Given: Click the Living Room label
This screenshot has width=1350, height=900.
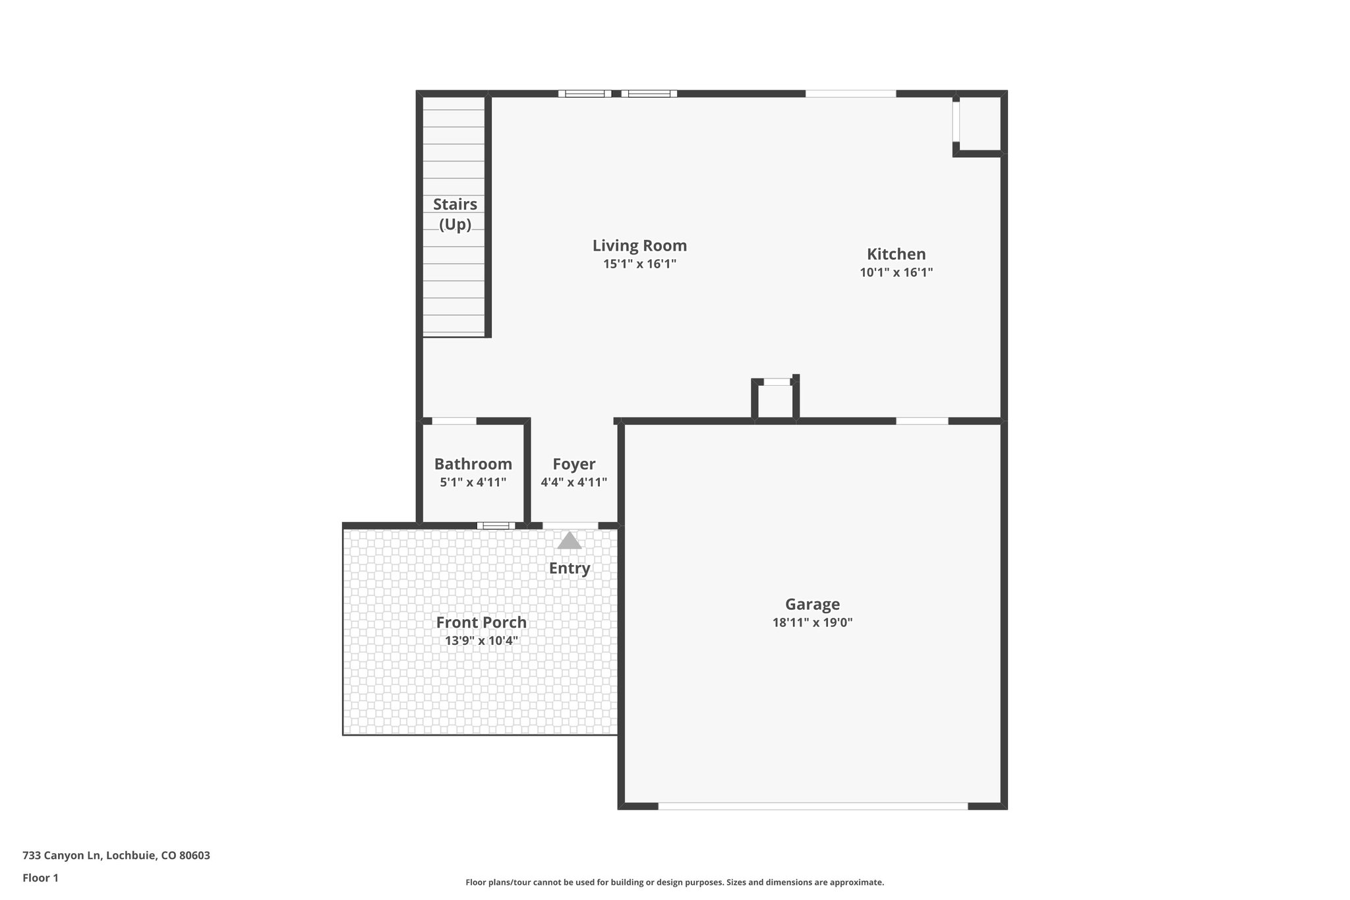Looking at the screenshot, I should coord(639,246).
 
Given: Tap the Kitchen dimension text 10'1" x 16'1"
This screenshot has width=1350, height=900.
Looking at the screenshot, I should coord(896,272).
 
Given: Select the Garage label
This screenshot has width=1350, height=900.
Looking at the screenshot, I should coord(812,604).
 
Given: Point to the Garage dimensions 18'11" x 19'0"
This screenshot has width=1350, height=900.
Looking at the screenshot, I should coord(812,622).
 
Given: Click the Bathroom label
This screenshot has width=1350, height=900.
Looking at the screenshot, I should coord(473,464).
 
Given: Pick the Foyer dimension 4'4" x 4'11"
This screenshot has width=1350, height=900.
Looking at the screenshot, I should coord(573,483).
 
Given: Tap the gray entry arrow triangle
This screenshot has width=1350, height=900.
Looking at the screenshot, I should coord(570,541).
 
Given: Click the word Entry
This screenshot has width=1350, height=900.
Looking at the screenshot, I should coord(570,568).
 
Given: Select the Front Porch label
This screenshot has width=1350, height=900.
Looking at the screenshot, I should coord(481,622).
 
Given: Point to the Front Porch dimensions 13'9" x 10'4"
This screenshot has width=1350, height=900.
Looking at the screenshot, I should coord(481,641).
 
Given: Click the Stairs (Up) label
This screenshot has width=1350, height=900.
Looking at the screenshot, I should coord(455,214).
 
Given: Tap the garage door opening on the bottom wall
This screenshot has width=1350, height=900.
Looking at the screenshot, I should coord(812,806).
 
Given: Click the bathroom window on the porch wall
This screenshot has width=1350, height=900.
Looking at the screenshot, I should coord(496,525).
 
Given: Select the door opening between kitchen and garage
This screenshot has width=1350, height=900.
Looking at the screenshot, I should coord(922,421).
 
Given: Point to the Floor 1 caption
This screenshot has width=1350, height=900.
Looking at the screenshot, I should coord(40,878).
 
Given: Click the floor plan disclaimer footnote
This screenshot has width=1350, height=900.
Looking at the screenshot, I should coord(674,882).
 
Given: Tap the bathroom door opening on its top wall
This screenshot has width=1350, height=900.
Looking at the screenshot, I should coord(454,421).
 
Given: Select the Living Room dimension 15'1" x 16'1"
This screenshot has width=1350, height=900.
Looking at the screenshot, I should coord(639,264).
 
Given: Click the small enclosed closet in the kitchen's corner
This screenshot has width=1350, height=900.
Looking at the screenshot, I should coord(980,124).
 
